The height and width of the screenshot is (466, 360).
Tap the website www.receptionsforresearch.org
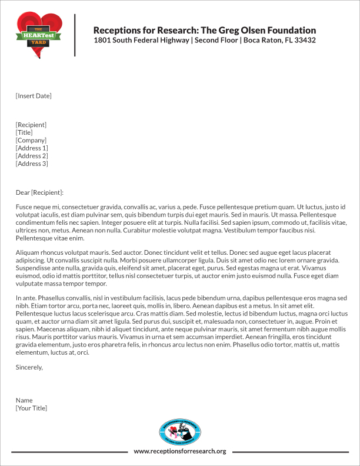[x=180, y=451]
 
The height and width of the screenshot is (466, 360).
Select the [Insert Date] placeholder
[x=34, y=95]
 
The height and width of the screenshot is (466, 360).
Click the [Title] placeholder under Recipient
[x=25, y=132]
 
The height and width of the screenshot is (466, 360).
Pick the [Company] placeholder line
[x=31, y=140]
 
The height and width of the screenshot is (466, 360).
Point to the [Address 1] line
[x=32, y=148]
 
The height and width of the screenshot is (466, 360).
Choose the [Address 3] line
[x=32, y=164]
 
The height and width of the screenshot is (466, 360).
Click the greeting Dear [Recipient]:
[x=39, y=192]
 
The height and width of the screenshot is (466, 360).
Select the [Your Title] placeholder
[x=31, y=408]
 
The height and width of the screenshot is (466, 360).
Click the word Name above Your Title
[x=24, y=400]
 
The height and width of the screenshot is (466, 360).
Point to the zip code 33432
[x=304, y=41]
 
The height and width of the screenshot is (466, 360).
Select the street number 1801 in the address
[x=103, y=41]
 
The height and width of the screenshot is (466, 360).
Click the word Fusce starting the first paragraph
[x=25, y=208]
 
